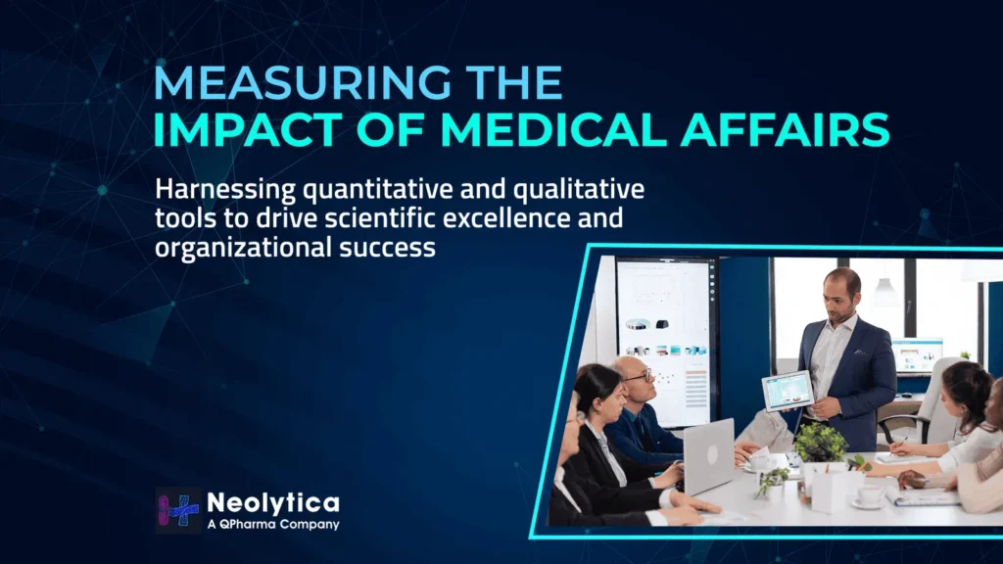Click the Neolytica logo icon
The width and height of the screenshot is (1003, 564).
178,510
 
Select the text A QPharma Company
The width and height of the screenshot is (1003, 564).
273,525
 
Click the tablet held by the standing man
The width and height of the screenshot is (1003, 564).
788,390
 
